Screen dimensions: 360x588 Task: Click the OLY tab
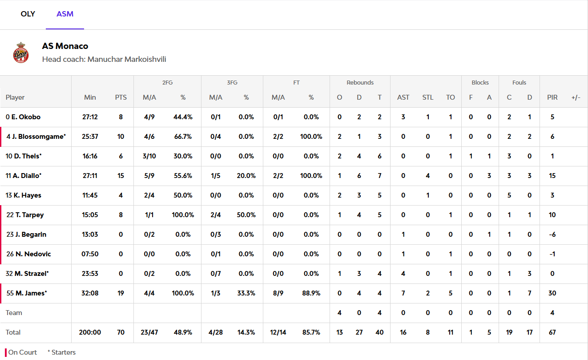point(28,14)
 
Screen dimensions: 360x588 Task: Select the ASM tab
point(65,14)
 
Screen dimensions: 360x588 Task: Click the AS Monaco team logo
point(21,53)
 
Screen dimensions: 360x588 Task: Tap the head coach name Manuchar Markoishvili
point(127,59)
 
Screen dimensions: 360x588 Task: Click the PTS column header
point(121,97)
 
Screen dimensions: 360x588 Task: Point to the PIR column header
point(552,97)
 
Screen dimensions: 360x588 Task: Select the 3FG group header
point(232,82)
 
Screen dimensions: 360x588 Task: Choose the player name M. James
point(31,293)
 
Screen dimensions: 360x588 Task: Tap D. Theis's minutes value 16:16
point(90,156)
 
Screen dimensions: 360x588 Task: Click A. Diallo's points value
point(121,176)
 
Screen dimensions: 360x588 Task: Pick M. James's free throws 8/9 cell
point(278,293)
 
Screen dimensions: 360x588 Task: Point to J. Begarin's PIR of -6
point(552,235)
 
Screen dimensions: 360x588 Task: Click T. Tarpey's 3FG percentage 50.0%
point(246,215)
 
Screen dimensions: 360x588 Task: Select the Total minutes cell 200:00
point(90,332)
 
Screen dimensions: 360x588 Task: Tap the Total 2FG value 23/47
point(149,332)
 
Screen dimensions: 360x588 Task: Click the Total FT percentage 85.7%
point(311,332)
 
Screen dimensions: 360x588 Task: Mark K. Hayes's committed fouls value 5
point(509,195)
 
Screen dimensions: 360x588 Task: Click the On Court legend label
point(23,352)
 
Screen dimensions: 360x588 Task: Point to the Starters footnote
point(62,352)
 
